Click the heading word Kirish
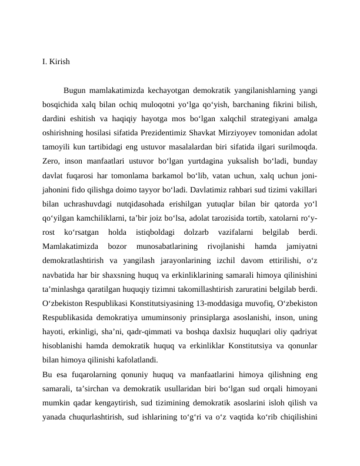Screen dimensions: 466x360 [x=60, y=61]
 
